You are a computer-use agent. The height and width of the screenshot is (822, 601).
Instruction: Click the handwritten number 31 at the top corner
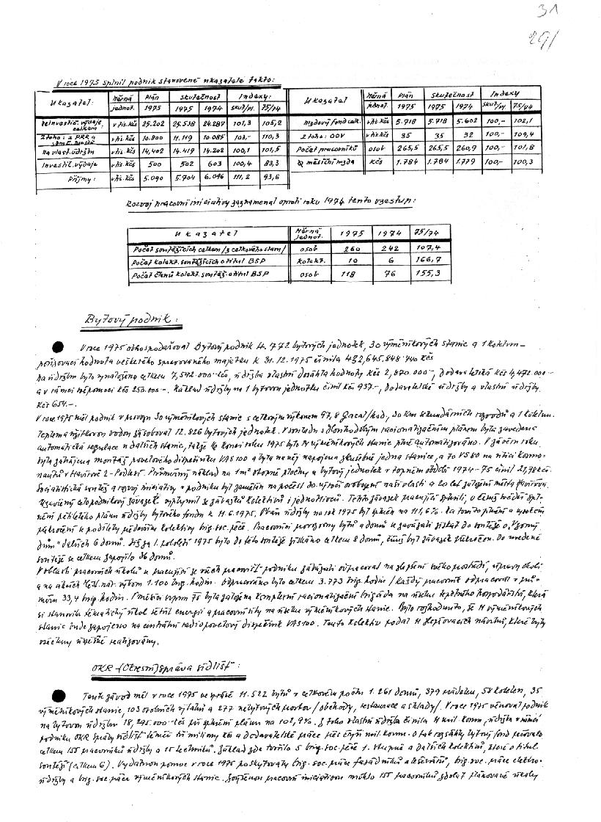(545, 12)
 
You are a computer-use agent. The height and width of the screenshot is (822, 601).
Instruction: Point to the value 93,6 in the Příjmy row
(270, 177)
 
